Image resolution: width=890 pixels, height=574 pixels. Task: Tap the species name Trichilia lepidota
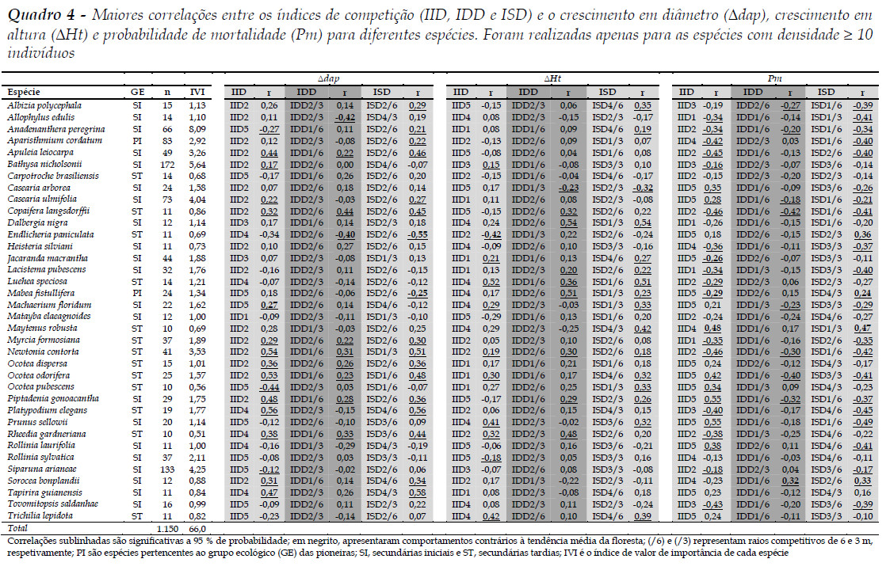tap(36, 515)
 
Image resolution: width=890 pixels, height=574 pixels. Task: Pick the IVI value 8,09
tap(197, 129)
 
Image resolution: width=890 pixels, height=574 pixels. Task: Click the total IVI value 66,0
tap(197, 528)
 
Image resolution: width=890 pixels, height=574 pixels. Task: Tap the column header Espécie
tap(25, 93)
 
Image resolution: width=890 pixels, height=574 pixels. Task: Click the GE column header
tap(137, 93)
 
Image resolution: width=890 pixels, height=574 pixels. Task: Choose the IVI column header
tap(197, 93)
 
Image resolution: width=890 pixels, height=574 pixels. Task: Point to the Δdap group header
tap(329, 79)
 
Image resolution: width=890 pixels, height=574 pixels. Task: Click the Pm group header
tap(774, 79)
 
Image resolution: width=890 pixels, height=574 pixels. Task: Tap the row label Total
tap(17, 527)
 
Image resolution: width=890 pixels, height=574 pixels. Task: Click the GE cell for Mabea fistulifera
tap(137, 293)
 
